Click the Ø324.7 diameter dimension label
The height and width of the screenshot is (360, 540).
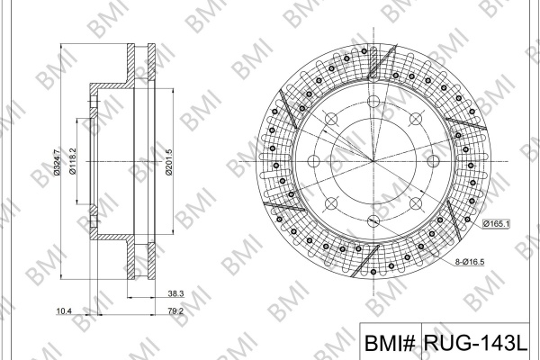58,161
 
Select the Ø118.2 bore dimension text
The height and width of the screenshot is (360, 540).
73,161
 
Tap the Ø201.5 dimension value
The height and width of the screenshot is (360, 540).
169,162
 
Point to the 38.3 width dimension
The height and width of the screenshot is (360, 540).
175,293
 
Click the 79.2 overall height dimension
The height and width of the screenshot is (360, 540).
175,311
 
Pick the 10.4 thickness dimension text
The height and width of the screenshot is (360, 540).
64,311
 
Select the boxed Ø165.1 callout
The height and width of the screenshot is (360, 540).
496,224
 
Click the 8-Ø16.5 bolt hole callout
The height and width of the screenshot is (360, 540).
470,262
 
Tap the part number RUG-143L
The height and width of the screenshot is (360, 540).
475,342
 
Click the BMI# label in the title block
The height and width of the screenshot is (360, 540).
391,343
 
